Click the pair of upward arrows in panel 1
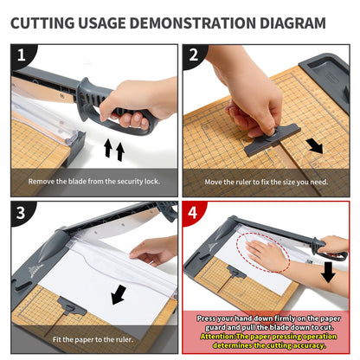click(x=114, y=150)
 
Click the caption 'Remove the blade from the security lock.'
click(x=94, y=182)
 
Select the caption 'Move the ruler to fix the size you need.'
click(x=267, y=182)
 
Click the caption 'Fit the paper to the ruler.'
click(x=94, y=339)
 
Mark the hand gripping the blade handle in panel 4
click(x=333, y=246)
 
